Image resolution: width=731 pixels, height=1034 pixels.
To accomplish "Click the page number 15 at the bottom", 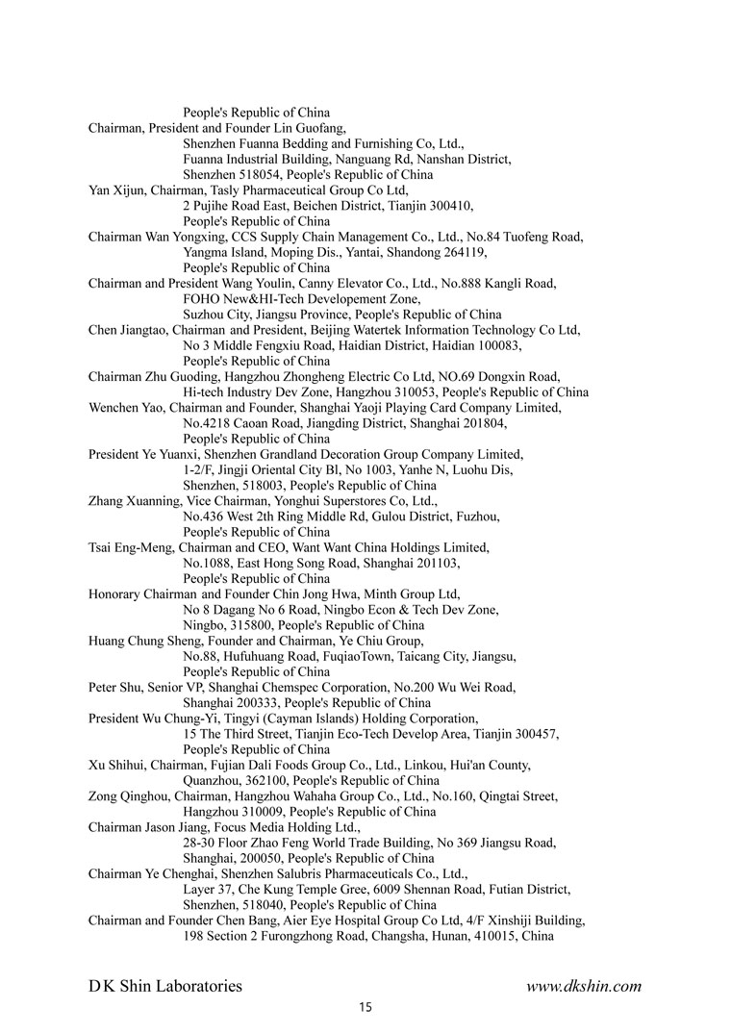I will (x=365, y=1008).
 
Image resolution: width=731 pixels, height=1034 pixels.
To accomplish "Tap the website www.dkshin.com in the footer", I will (x=584, y=986).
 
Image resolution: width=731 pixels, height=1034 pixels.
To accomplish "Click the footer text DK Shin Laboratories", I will (x=165, y=986).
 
